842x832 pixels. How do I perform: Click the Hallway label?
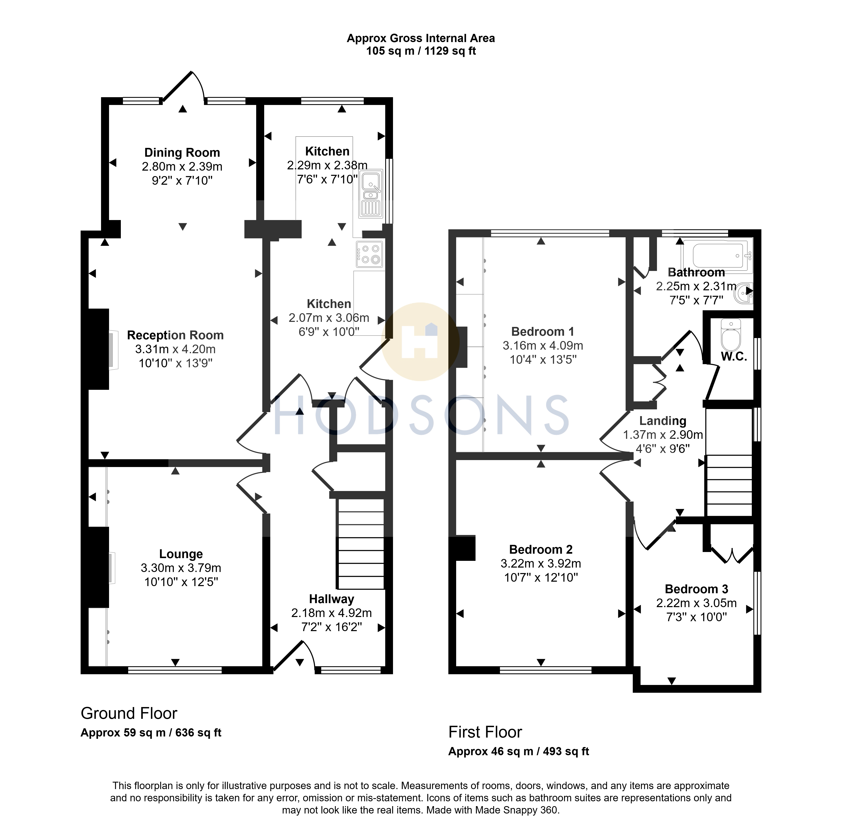point(332,599)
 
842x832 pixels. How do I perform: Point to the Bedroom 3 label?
point(696,589)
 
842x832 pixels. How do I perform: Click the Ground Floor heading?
point(129,714)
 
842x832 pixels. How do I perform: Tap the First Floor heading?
point(485,732)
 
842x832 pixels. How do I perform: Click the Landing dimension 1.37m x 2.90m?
point(663,435)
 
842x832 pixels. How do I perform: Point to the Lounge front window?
point(175,670)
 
